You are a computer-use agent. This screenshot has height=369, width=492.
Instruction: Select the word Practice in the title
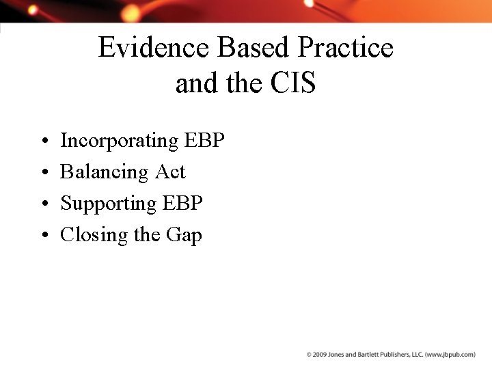pyautogui.click(x=345, y=48)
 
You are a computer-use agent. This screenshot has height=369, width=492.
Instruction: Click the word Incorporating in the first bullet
pyautogui.click(x=119, y=141)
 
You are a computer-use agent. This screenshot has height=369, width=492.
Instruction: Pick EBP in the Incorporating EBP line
pyautogui.click(x=204, y=141)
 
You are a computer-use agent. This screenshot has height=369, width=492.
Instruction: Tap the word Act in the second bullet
pyautogui.click(x=170, y=172)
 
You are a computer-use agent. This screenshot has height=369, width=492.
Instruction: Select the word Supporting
pyautogui.click(x=109, y=204)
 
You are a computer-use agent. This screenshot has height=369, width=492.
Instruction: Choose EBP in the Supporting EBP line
pyautogui.click(x=182, y=204)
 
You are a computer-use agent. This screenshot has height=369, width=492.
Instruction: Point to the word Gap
pyautogui.click(x=184, y=236)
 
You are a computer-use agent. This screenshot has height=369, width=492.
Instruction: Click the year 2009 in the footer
pyautogui.click(x=322, y=355)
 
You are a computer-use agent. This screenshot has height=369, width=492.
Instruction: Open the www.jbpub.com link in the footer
pyautogui.click(x=450, y=355)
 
